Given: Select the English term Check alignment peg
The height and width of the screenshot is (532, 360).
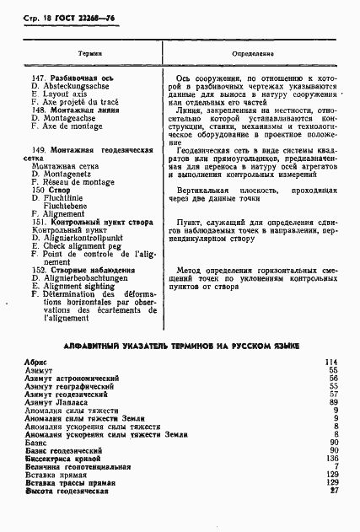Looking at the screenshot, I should (78, 245).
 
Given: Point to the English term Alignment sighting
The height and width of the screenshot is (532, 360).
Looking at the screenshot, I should (74, 286).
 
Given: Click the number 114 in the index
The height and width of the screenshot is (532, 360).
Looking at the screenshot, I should (331, 362).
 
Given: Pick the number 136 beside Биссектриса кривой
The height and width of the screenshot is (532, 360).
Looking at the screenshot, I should (331, 458).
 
